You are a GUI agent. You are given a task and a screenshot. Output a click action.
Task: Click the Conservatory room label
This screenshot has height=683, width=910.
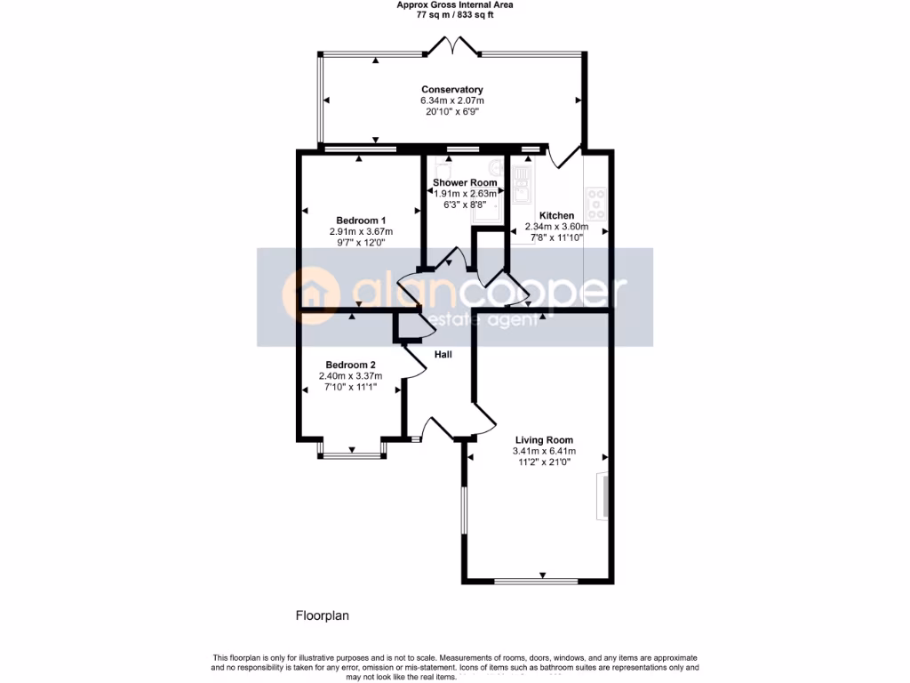click(451, 90)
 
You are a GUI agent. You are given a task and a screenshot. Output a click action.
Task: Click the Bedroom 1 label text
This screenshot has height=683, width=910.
click(360, 221)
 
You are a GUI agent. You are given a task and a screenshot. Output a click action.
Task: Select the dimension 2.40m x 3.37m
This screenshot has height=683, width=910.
click(349, 376)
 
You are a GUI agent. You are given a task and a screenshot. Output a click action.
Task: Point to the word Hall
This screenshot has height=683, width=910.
click(443, 355)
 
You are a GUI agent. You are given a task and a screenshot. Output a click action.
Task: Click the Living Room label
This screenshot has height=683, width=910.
click(544, 440)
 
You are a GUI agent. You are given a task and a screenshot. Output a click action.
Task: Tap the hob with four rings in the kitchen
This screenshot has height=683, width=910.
click(595, 204)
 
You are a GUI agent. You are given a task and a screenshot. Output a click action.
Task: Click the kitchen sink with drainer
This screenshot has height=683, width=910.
click(521, 182)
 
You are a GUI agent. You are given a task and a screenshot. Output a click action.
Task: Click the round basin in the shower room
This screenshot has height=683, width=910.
click(494, 168)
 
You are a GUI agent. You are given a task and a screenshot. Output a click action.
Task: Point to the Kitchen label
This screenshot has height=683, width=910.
click(556, 215)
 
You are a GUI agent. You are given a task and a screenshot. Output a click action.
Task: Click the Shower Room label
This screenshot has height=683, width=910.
click(464, 183)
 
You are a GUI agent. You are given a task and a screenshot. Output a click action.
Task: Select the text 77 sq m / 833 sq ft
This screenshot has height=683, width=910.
click(454, 15)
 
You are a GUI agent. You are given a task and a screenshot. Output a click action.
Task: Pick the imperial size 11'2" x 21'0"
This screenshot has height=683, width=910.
click(544, 462)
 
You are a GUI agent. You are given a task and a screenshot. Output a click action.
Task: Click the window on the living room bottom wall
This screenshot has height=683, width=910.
click(536, 582)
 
